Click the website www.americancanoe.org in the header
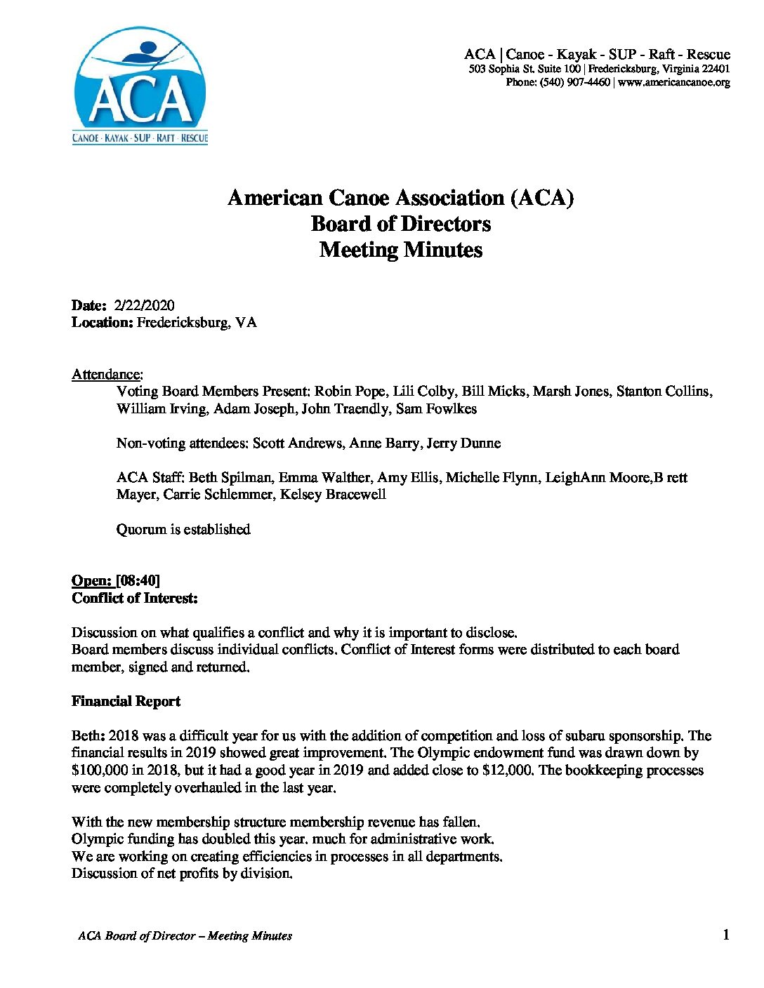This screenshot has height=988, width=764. tap(675, 82)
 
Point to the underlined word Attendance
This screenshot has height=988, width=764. tap(107, 374)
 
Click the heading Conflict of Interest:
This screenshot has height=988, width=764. tap(135, 598)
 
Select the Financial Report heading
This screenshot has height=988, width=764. tap(126, 701)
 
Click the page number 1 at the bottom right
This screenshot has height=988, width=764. tap(725, 934)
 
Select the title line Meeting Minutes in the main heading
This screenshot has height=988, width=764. tap(401, 250)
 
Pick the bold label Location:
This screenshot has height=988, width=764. tap(103, 323)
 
